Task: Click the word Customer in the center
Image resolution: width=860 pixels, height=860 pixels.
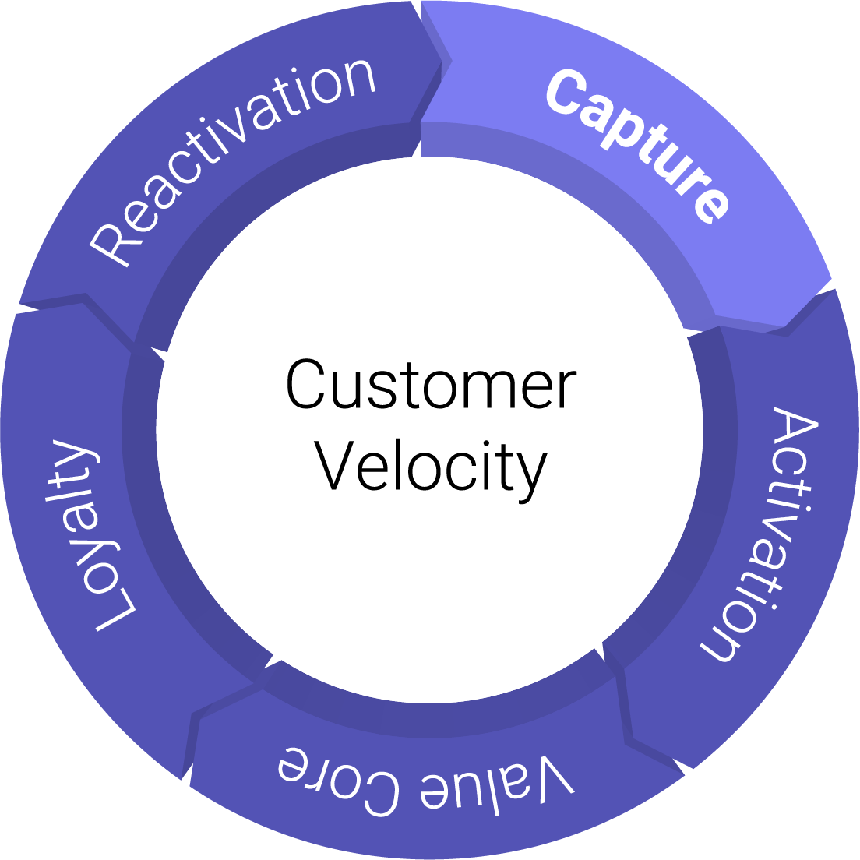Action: coord(431,384)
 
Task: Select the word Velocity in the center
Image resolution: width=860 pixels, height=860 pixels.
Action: coord(431,467)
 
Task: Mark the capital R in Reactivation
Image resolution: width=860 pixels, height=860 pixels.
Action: coord(110,245)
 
